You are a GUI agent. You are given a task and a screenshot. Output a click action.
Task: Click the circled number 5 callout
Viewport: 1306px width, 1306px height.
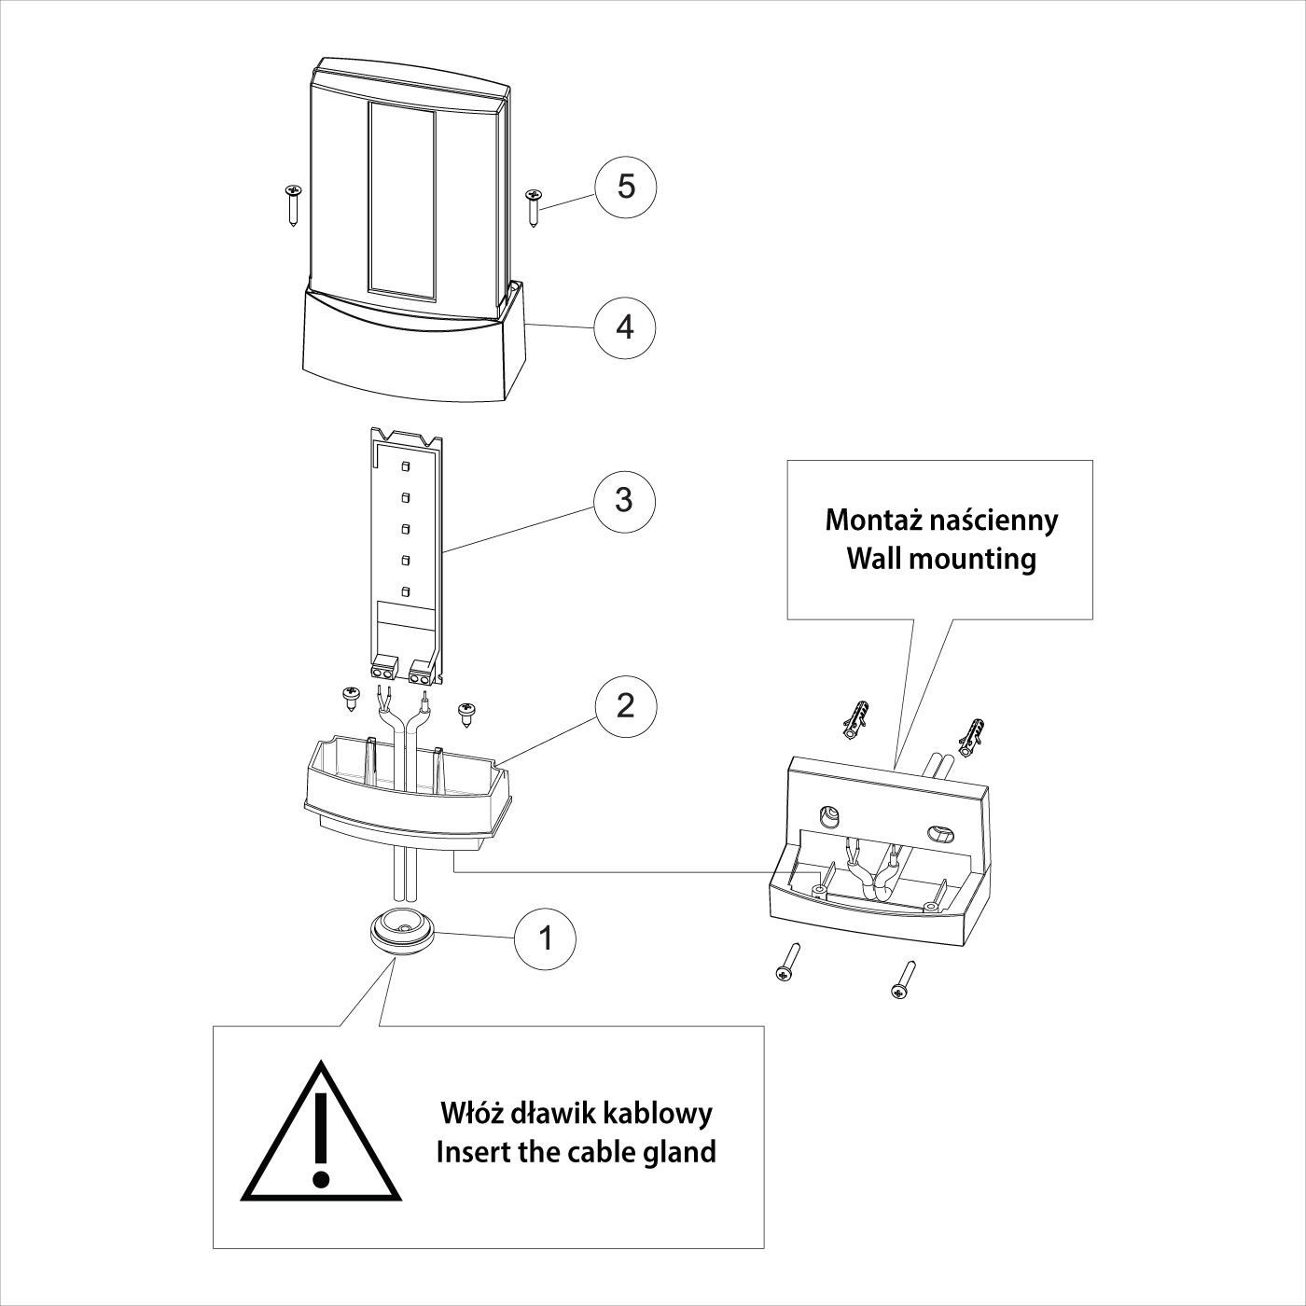coord(626,187)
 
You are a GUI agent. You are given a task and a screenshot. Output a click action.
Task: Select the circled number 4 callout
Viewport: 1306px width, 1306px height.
coord(626,327)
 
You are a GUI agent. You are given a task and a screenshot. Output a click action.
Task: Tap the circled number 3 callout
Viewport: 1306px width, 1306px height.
coord(625,500)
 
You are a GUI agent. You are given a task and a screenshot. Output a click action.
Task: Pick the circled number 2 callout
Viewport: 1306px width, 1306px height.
coord(625,705)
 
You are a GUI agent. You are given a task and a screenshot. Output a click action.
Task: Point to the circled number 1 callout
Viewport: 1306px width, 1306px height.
coord(546,938)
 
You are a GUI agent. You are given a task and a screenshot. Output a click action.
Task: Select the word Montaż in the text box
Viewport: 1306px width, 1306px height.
coord(876,520)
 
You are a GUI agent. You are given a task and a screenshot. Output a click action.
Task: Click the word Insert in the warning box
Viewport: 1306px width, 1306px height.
coord(473,1151)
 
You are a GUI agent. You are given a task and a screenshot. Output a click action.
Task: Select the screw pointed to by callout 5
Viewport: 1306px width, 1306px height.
coord(535,206)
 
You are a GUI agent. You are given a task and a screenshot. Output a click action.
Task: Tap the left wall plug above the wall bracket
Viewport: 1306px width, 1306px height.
coord(855,718)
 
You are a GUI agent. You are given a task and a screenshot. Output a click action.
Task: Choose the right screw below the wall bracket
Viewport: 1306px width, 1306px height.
coord(904,980)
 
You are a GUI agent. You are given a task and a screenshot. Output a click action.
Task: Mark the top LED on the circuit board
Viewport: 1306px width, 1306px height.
coord(406,465)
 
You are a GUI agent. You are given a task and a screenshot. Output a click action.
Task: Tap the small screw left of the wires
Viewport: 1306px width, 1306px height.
coord(352,697)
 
